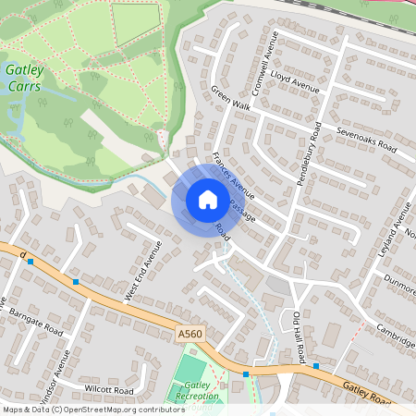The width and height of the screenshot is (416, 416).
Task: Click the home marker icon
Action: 208,200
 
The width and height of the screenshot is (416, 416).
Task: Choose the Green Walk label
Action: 231,99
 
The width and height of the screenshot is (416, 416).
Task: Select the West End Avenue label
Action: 143,271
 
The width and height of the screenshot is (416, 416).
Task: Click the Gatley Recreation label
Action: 197,390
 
